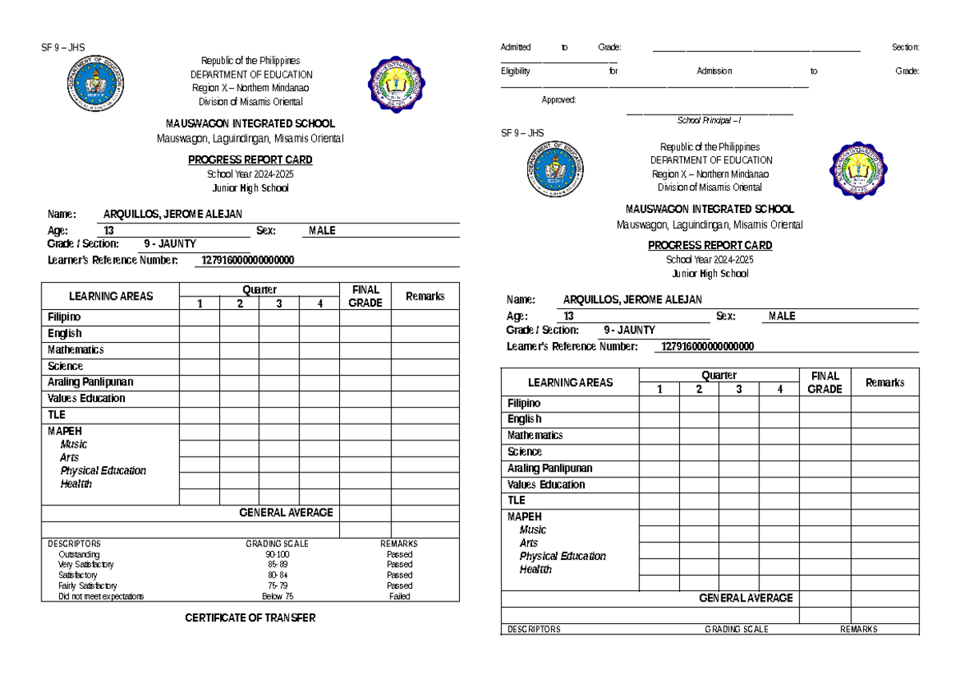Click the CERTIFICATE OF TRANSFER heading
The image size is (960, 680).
coord(250,618)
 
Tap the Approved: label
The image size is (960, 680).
coord(558,100)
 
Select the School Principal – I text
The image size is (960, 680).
coord(709,120)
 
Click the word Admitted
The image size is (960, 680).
coord(515,48)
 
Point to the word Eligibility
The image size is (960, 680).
coord(515,71)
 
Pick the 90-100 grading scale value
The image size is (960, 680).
coord(278,554)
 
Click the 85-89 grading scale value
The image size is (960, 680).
coord(278,565)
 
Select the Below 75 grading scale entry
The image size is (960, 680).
coord(278,597)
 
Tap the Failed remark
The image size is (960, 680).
coord(399,597)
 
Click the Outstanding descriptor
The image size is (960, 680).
coord(78,554)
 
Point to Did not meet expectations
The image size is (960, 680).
coord(101,597)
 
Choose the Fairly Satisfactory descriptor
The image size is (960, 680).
coord(87,586)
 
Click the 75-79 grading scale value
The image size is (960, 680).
coord(278,586)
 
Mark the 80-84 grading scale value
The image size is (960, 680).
coord(278,575)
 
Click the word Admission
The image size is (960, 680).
coord(714,71)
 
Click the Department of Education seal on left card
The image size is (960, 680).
coord(95,83)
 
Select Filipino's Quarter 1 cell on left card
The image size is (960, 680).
coord(199,318)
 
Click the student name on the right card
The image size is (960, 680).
coord(632,300)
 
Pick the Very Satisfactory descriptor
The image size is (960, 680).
coord(86,565)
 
